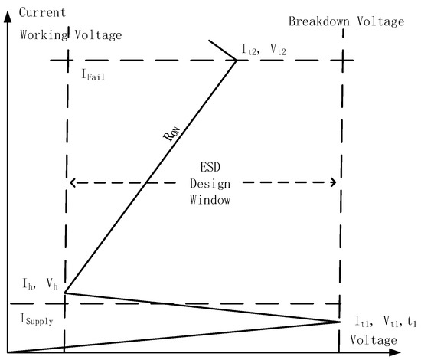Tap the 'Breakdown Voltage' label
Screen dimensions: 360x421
coord(345,21)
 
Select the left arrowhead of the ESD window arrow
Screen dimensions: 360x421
coord(71,182)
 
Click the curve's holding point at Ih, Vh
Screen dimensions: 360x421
coord(65,293)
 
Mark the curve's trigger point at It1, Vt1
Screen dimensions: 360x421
coord(339,322)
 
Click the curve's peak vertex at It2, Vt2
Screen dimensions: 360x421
coord(236,60)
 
